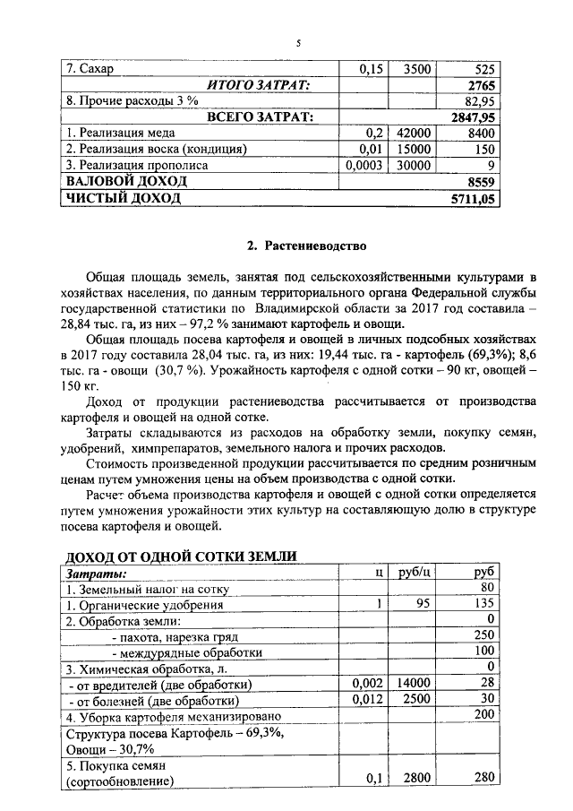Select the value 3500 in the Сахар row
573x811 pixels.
[417, 69]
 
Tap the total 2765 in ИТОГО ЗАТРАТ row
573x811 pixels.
[481, 85]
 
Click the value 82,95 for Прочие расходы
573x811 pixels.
[479, 101]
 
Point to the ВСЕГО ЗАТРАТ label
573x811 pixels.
[259, 117]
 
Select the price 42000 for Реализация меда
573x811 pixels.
[415, 134]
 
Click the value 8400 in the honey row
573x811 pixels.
[481, 134]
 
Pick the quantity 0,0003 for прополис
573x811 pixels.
[367, 166]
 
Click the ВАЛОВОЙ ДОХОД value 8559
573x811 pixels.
[481, 182]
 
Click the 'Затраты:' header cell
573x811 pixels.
[95, 574]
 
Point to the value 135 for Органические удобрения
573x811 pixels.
[484, 604]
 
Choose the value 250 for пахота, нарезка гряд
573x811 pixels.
[484, 635]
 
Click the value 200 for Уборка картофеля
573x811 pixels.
[484, 714]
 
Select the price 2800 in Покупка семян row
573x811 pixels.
[418, 777]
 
